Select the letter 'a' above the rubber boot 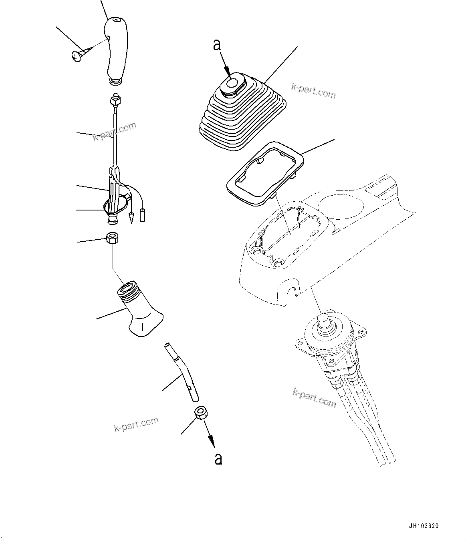coord(217,45)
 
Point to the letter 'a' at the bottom coord(218,459)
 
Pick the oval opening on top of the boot coord(232,84)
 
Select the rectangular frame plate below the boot coord(264,174)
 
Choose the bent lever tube coord(182,372)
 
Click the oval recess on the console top coord(341,208)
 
